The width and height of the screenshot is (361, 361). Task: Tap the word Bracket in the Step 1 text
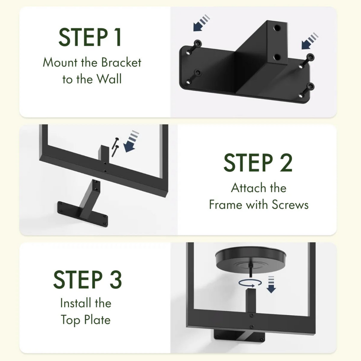click(121, 63)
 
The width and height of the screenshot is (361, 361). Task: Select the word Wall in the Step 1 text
click(109, 79)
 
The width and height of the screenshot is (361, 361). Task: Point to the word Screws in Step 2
click(290, 205)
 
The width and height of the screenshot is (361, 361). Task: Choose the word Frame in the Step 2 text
click(226, 205)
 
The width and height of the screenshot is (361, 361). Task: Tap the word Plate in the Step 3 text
click(97, 320)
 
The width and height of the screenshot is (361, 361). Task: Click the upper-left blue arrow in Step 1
click(201, 23)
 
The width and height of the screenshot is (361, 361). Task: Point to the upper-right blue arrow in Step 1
click(310, 41)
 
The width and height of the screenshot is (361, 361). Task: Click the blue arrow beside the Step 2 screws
click(131, 141)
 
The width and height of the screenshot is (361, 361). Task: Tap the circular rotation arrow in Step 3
click(250, 283)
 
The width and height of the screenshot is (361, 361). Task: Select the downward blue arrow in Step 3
click(271, 284)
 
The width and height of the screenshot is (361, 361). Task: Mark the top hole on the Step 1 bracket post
click(277, 28)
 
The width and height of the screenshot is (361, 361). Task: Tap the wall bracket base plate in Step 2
click(83, 214)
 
